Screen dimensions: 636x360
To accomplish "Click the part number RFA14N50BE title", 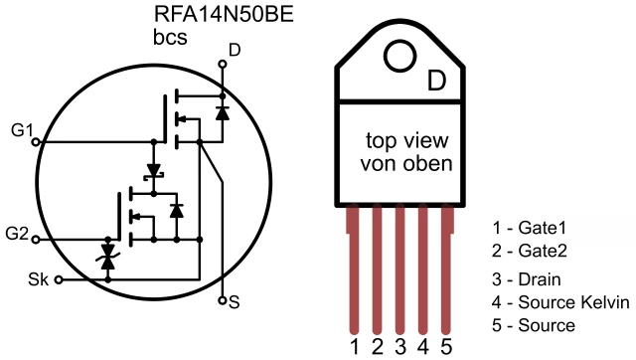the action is coord(224,14).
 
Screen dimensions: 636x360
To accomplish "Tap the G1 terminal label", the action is coord(22,130).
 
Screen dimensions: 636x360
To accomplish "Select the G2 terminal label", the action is coord(17,234).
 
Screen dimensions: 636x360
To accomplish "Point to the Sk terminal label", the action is coord(38,279).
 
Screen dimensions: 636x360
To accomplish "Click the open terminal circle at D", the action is coord(223,64).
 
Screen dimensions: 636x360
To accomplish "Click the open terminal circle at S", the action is coord(222,300).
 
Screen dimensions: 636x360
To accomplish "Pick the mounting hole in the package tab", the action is coord(400,56).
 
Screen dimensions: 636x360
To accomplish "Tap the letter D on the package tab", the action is coord(436,82).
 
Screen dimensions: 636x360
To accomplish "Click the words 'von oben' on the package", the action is coord(406,163).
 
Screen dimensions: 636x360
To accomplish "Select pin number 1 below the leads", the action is coord(355,347).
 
